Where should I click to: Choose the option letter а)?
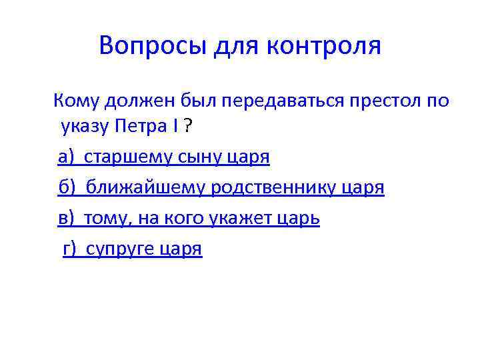pyautogui.click(x=67, y=157)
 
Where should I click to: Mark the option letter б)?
pyautogui.click(x=67, y=189)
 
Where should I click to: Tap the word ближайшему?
pyautogui.click(x=145, y=189)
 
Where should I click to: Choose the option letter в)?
pyautogui.click(x=67, y=219)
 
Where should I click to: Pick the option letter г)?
pyautogui.click(x=71, y=249)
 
